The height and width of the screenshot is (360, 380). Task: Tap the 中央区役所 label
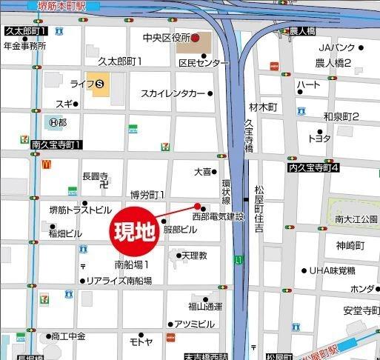[x=167, y=38]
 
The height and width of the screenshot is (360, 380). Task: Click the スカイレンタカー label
[x=173, y=94]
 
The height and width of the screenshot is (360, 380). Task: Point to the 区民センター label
[x=204, y=63]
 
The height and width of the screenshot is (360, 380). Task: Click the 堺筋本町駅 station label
[x=56, y=5]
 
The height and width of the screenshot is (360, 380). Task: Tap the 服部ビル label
[x=181, y=230]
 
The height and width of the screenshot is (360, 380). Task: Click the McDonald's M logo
[x=46, y=164]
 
